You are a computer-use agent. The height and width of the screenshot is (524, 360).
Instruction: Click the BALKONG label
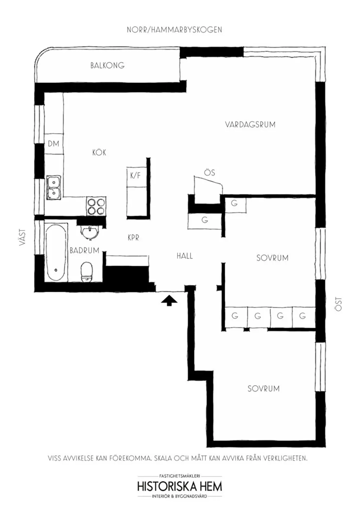pyautogui.click(x=107, y=65)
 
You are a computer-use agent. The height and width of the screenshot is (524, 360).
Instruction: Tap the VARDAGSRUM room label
pyautogui.click(x=250, y=125)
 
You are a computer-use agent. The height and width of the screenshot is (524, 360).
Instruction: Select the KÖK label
pyautogui.click(x=99, y=153)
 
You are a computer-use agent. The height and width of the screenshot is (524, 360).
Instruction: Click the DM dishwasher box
pyautogui.click(x=53, y=144)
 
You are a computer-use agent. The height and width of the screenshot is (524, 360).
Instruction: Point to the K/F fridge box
pyautogui.click(x=135, y=176)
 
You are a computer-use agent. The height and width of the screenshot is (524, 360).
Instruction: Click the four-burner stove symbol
pyautogui.click(x=96, y=207)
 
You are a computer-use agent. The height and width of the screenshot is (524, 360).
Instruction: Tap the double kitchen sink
pyautogui.click(x=54, y=188)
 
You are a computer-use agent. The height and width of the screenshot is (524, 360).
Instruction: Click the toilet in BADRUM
pyautogui.click(x=87, y=272)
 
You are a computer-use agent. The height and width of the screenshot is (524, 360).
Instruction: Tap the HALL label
pyautogui.click(x=185, y=256)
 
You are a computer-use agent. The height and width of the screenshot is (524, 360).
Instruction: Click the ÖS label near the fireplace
pyautogui.click(x=210, y=173)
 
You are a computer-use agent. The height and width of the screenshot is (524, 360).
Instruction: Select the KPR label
pyautogui.click(x=133, y=238)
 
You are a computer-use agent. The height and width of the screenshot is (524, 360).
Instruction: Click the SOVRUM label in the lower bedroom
pyautogui.click(x=263, y=389)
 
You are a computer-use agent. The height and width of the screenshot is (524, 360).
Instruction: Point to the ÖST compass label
pyautogui.click(x=338, y=304)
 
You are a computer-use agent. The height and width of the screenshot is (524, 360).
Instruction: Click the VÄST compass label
pyautogui.click(x=23, y=238)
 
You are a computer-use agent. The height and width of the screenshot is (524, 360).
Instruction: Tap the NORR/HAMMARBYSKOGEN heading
pyautogui.click(x=174, y=30)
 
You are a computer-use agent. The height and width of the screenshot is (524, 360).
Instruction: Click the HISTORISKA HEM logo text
pyautogui.click(x=179, y=487)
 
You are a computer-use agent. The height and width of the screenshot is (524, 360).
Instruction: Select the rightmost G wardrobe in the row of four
pyautogui.click(x=302, y=316)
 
